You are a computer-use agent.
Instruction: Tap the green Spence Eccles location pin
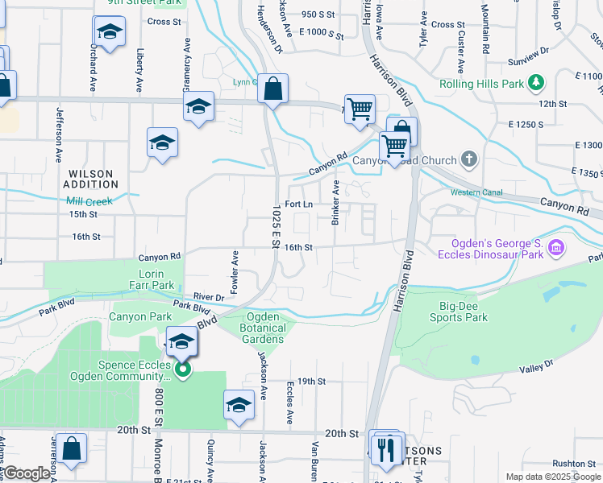tap(183, 369)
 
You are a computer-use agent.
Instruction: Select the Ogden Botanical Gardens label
tap(263, 328)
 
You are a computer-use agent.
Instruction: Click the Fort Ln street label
tap(298, 204)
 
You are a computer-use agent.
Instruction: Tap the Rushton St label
tap(574, 464)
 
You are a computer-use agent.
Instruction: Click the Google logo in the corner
tap(27, 473)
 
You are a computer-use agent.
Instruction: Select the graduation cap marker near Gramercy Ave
tap(198, 107)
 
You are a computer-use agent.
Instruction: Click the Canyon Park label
tap(140, 316)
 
